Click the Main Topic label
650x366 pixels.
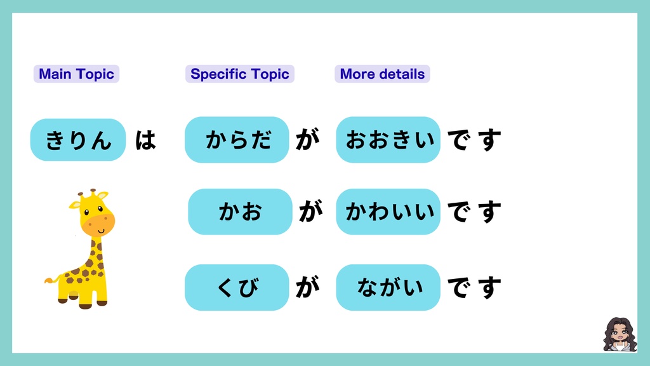76,74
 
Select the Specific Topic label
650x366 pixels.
239,74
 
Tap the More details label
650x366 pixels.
382,74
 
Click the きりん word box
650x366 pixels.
78,140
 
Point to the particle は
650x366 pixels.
145,140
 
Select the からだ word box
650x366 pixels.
237,140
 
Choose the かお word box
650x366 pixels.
240,212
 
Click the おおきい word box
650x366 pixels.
388,140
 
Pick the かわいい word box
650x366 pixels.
388,212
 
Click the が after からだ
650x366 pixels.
307,140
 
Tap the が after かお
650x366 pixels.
310,212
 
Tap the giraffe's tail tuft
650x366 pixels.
49,280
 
